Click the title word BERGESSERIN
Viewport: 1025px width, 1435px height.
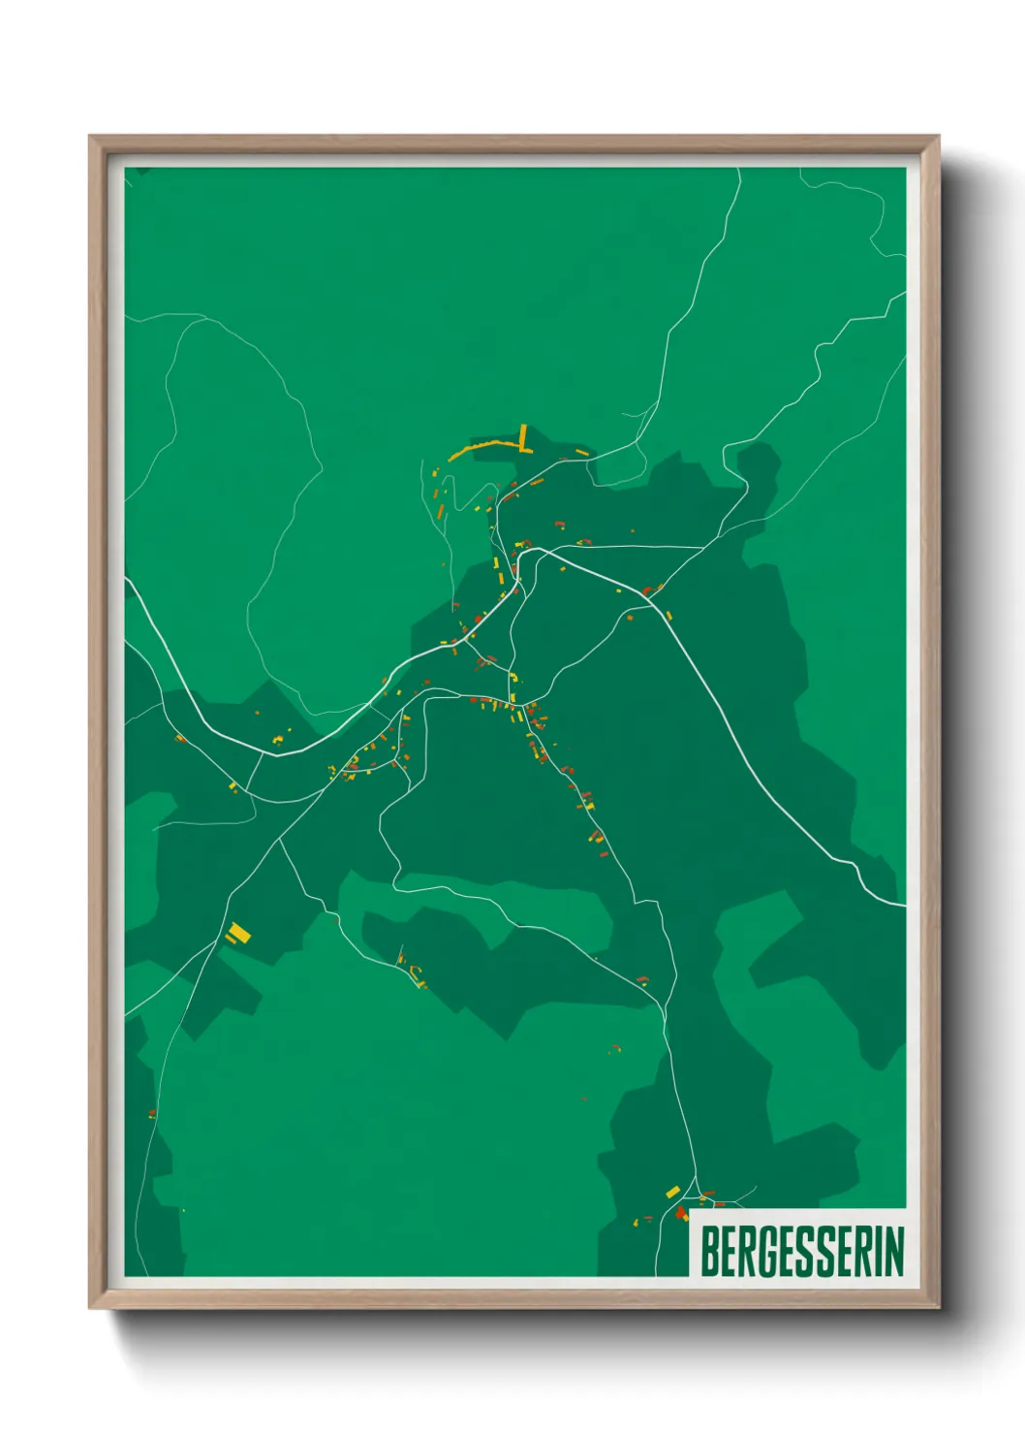click(x=801, y=1251)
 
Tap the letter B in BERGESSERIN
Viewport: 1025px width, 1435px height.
click(x=708, y=1251)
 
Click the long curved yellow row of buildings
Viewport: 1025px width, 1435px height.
click(x=482, y=448)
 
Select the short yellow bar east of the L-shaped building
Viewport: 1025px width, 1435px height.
click(x=581, y=452)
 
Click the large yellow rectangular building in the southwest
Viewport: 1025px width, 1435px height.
click(x=238, y=933)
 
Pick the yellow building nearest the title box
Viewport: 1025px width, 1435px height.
click(x=672, y=1191)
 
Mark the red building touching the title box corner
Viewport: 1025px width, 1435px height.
click(x=682, y=1212)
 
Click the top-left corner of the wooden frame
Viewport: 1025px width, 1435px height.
click(x=90, y=137)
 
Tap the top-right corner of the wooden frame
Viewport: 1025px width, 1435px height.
click(x=938, y=137)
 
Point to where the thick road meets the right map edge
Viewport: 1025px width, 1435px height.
click(x=904, y=906)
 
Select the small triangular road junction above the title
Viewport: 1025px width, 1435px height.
click(x=694, y=1187)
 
